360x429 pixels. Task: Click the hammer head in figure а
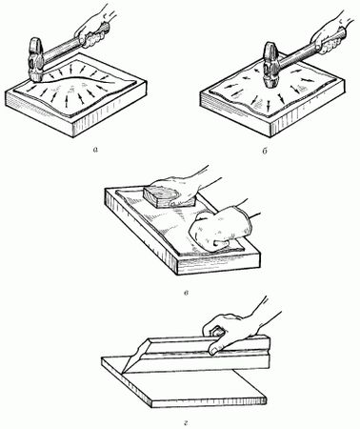[x=35, y=60]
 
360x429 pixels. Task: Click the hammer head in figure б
[x=270, y=65]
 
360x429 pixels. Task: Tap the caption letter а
[x=95, y=149]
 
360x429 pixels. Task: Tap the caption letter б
[x=265, y=151]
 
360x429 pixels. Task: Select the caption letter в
[x=187, y=293]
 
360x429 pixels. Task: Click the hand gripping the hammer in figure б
[x=331, y=35]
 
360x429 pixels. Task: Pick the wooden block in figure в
[x=170, y=196]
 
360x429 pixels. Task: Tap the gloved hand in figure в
[x=219, y=230]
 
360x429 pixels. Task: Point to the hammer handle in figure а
[x=62, y=50]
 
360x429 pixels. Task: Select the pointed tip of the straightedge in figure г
[x=122, y=373]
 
